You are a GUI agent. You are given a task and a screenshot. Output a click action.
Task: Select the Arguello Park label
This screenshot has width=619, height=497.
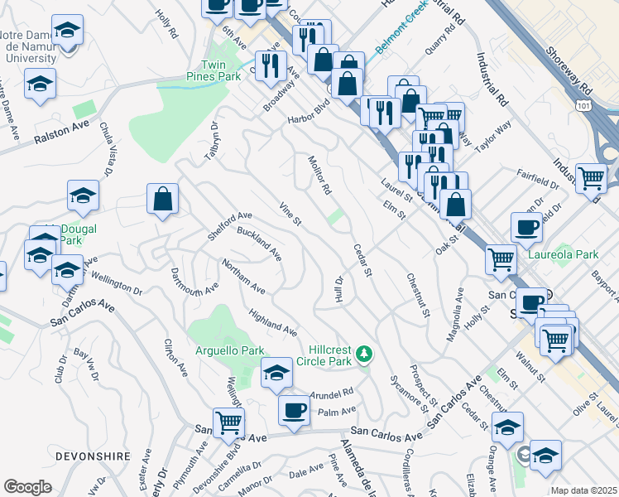229,350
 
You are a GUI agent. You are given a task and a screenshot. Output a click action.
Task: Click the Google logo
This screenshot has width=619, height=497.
27,486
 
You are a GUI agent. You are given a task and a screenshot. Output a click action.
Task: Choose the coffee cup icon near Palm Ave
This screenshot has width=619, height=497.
293,409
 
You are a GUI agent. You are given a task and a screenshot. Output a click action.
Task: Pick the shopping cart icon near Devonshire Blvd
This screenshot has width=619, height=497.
228,422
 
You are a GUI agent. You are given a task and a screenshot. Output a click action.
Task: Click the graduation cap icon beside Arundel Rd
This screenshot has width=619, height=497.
276,373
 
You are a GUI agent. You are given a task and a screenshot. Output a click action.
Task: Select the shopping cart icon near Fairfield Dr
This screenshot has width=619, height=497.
591,177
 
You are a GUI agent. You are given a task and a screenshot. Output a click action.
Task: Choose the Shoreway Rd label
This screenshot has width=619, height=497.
570,58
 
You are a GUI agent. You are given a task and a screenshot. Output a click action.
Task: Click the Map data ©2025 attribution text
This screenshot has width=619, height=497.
583,490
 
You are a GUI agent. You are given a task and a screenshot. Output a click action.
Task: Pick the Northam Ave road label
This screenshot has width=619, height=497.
243,277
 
